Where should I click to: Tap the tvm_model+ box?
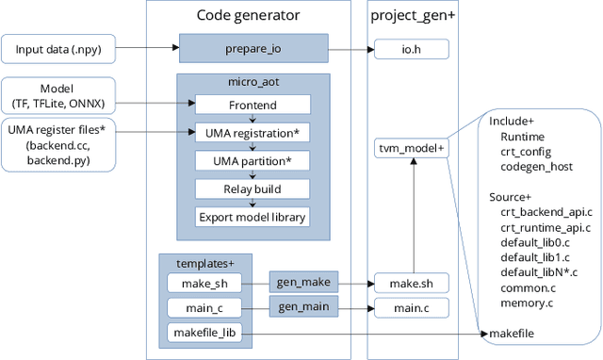coord(411,148)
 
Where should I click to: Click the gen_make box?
coord(301,282)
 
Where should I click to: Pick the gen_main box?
coord(301,306)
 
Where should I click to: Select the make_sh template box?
coord(204,282)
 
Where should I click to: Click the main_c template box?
coord(204,307)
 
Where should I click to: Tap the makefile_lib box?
coord(204,333)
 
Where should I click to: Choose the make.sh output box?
coord(411,282)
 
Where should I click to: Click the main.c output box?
coord(411,307)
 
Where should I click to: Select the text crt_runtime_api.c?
coord(547,227)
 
